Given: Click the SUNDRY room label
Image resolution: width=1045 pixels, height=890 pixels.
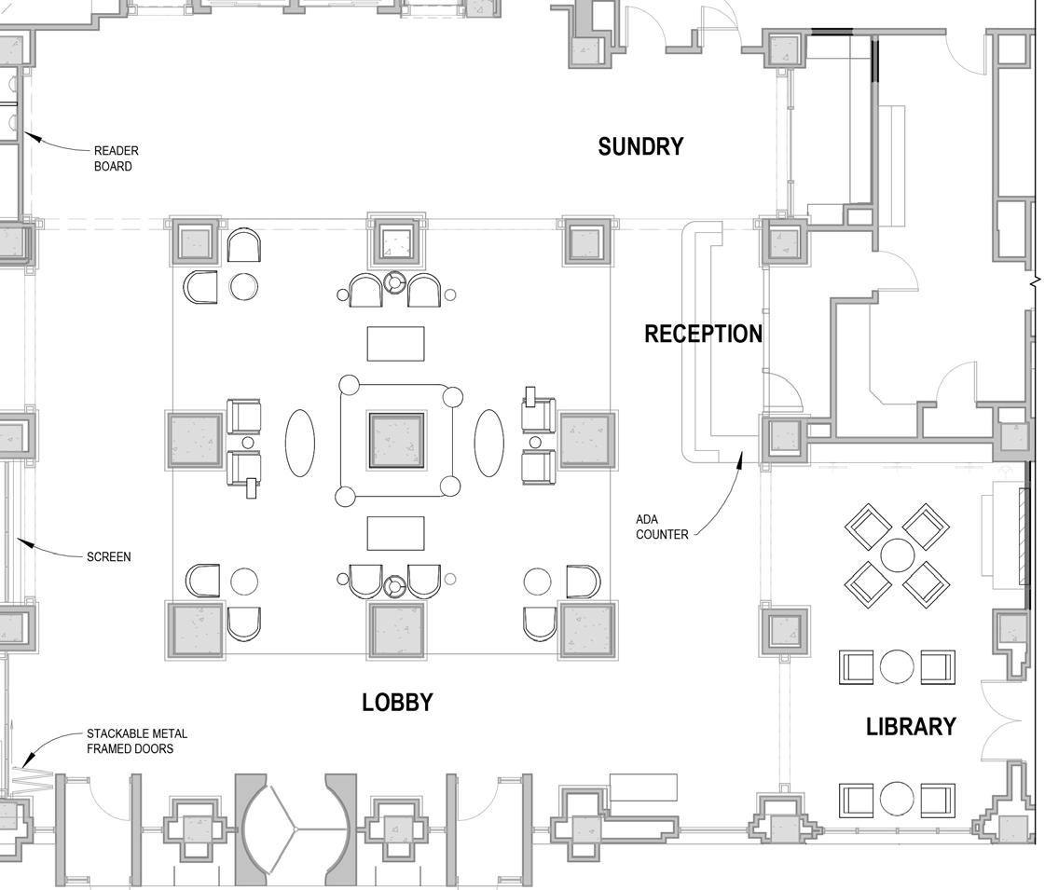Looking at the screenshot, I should pos(640,146).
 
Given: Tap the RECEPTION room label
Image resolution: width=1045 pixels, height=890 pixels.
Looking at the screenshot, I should pos(703,334).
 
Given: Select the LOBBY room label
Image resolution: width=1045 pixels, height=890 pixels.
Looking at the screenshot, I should pos(397,703).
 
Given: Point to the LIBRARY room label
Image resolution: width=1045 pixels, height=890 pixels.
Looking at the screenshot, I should pos(911,727).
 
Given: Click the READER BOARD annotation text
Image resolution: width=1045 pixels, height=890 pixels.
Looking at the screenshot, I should pos(116,158).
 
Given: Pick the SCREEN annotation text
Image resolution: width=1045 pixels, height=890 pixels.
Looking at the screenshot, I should pos(108,557).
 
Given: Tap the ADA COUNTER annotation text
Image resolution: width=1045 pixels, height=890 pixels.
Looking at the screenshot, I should pos(662,527).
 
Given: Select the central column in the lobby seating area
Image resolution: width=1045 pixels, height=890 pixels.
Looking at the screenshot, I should pos(396,440).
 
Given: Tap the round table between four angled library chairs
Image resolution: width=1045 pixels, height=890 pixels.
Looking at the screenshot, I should pos(897,555).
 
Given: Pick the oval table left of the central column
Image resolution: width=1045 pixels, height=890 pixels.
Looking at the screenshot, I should pos(299,442).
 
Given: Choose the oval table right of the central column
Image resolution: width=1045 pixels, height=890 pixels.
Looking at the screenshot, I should pos(489,442).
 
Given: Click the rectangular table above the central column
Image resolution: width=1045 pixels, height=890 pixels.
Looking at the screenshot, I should pos(395,343).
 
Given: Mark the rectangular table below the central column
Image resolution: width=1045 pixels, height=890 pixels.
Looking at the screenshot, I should pos(395,533).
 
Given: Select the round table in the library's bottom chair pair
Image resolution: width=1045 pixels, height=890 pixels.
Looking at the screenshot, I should pos(897,799).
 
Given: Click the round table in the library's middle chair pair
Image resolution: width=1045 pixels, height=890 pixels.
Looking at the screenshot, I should pos(897,666).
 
